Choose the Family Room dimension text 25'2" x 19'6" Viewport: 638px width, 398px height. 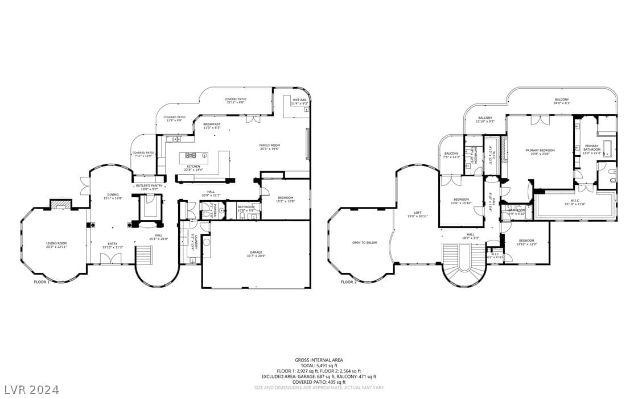pos(270,148)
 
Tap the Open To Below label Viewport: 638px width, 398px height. pos(364,242)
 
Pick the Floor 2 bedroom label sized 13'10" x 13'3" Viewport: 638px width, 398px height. pos(526,242)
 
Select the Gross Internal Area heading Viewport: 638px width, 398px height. pos(319,360)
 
